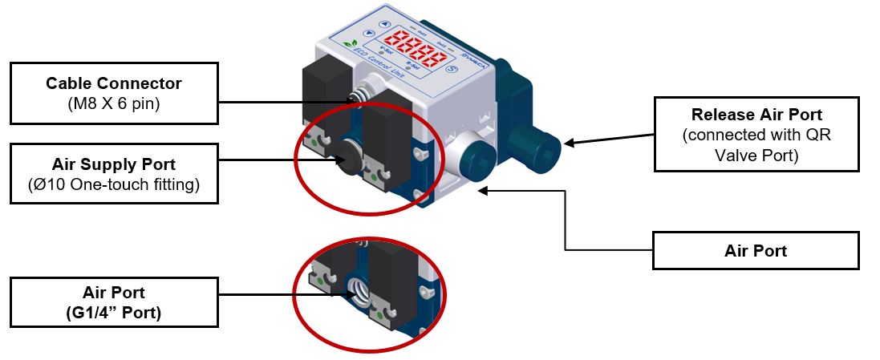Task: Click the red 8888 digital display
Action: [416, 49]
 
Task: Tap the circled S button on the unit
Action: [452, 70]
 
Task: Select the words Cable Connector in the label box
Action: [114, 83]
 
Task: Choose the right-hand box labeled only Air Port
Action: [756, 251]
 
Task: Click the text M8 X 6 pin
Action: [114, 103]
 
